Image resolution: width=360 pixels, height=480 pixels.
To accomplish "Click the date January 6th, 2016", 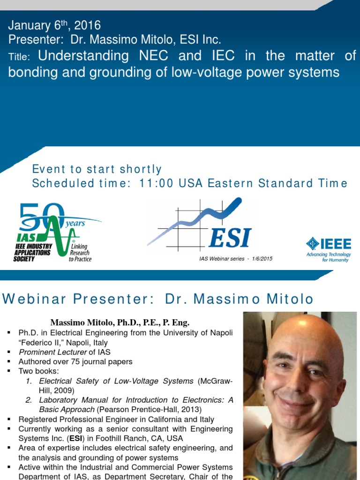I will click(x=54, y=25).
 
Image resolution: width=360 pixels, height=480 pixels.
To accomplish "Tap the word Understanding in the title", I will click(x=83, y=56).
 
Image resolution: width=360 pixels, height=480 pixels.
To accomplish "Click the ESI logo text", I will click(x=230, y=237).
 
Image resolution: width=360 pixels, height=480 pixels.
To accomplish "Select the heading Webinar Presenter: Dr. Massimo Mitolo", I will click(x=158, y=299).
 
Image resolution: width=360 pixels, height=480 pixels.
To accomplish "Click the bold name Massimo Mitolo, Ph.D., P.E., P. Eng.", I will click(x=120, y=322).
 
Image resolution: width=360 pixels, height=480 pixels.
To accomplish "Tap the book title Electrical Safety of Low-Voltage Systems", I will click(x=116, y=381).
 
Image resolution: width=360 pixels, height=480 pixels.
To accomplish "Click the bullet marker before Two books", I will click(x=9, y=371).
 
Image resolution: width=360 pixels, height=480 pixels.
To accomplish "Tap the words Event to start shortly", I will click(x=97, y=169).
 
